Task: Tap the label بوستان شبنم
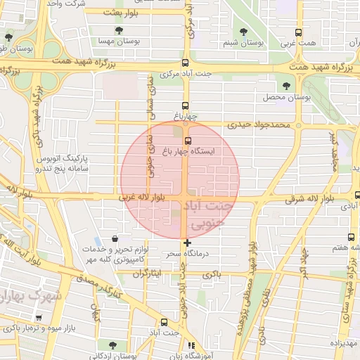[x=243, y=43]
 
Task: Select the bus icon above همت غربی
[x=299, y=32]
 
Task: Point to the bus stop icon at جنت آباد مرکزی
[x=186, y=62]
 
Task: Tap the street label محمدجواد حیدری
[x=258, y=125]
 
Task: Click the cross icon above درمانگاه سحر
[x=187, y=243]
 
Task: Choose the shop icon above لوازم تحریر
[x=115, y=239]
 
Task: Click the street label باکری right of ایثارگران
[x=210, y=274]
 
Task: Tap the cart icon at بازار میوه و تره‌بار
[x=38, y=318]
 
